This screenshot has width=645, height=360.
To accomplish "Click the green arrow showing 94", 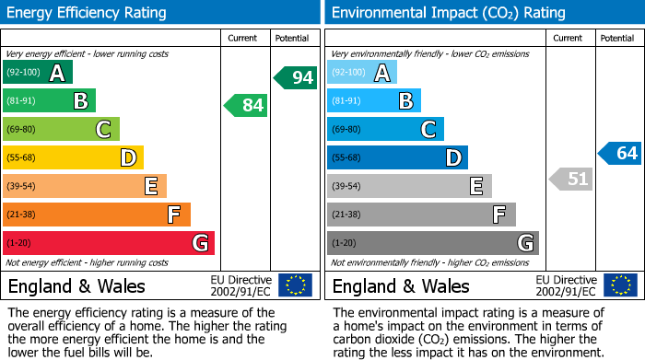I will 296,77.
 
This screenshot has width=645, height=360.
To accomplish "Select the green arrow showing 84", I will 247,106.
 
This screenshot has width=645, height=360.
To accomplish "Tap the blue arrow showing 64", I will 620,153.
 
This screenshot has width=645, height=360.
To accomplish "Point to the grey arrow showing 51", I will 570,179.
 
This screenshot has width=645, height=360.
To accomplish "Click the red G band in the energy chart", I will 109,243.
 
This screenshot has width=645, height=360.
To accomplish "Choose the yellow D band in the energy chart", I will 74,158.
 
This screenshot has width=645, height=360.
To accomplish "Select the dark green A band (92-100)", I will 38,73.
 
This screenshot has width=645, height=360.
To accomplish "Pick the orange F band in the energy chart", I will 97,215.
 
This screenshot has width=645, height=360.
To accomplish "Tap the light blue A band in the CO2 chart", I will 362,73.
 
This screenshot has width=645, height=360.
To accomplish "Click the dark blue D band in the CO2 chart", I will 397,157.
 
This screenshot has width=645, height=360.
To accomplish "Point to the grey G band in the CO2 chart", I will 432,243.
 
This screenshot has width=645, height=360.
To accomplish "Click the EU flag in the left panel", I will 295,285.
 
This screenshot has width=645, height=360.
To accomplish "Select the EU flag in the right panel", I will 619,285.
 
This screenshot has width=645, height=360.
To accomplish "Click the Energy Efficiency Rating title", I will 88,13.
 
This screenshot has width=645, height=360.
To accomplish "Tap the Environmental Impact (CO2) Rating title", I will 448,13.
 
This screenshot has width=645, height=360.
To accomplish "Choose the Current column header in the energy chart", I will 243,38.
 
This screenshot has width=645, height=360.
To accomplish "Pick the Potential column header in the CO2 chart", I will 616,38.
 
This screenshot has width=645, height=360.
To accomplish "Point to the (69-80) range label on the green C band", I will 22,130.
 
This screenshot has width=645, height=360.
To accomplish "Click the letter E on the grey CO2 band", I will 475,187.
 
